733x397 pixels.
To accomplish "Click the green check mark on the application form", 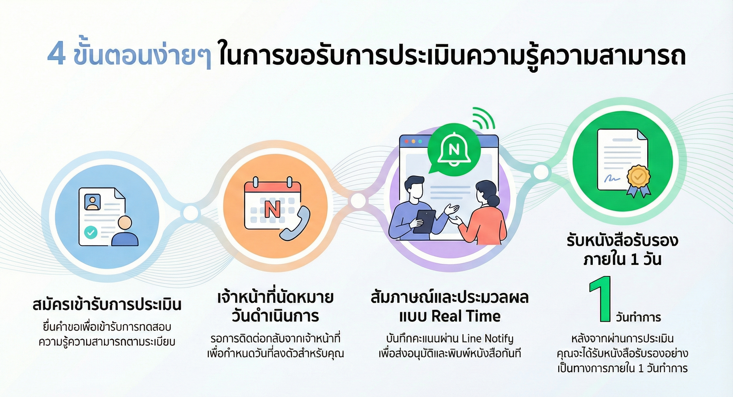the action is [91, 233].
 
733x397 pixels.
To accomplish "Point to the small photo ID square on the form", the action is [92, 202].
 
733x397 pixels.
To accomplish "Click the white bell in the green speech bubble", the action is [454, 150].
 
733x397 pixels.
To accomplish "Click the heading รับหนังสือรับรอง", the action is [622, 241].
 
